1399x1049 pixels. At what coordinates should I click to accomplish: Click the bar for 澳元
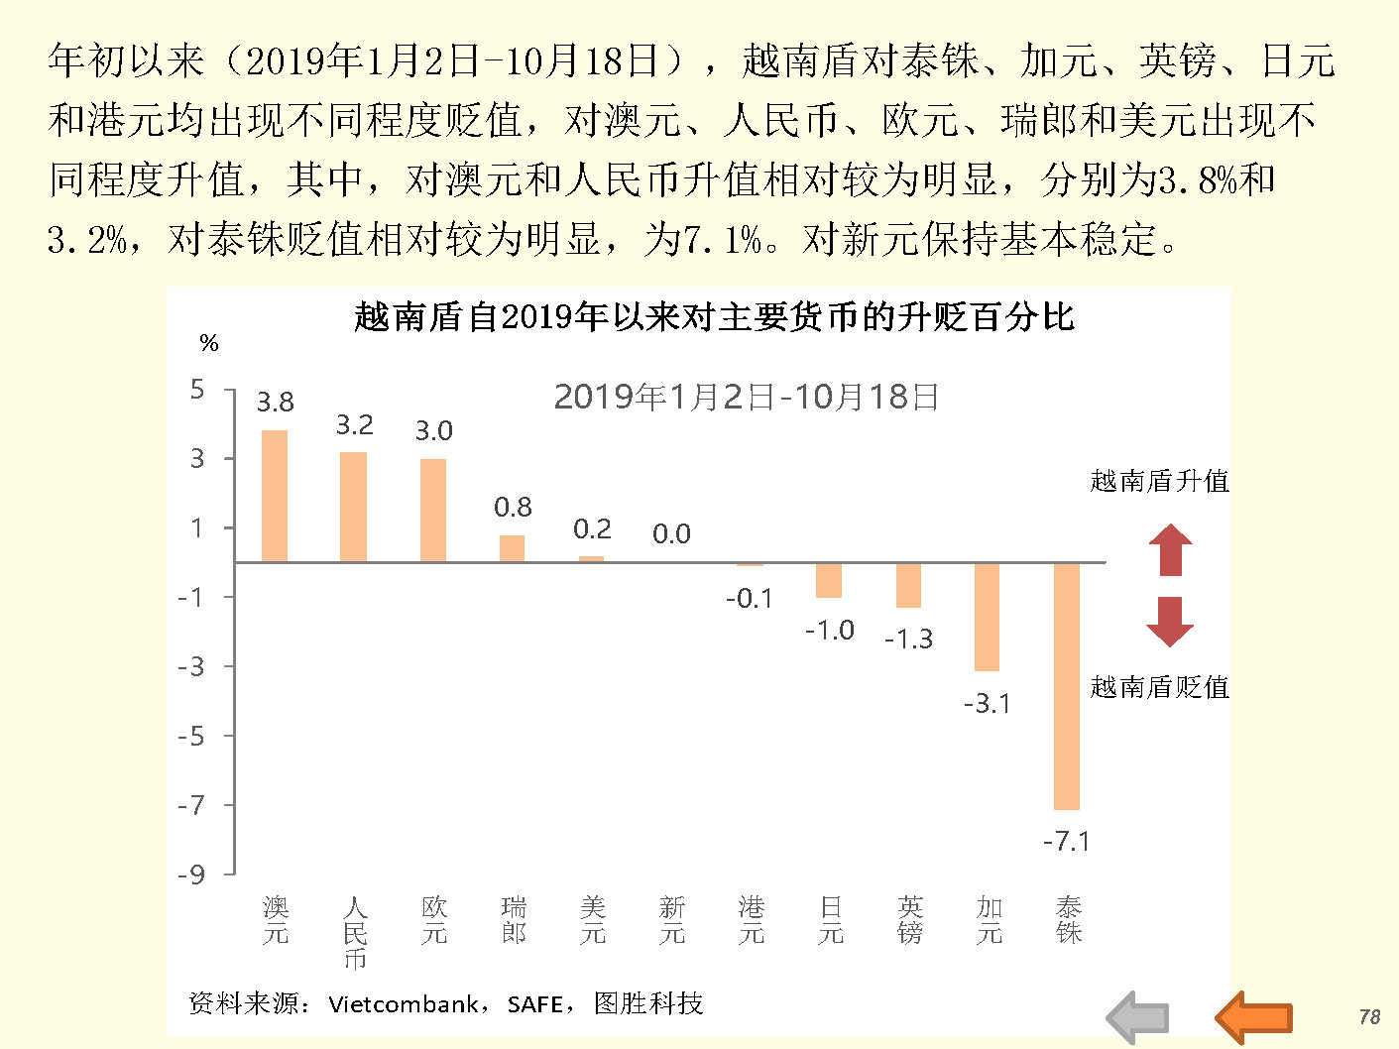tap(275, 496)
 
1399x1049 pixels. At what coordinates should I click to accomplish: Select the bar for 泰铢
tap(1067, 686)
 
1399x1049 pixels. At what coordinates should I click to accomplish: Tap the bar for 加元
tap(988, 617)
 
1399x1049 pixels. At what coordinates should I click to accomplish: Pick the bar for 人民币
tap(354, 507)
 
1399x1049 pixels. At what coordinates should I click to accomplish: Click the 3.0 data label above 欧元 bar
tap(433, 431)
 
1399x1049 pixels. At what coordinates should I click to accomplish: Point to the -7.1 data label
tap(1066, 842)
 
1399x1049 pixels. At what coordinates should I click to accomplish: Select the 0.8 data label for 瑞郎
tap(513, 508)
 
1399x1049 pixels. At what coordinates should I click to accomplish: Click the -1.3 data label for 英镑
tap(908, 640)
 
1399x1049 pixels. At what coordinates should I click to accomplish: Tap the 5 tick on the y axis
tap(198, 390)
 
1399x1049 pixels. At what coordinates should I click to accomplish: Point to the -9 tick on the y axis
tap(192, 874)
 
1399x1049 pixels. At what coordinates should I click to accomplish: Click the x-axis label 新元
tap(672, 920)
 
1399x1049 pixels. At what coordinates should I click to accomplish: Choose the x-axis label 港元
tap(752, 920)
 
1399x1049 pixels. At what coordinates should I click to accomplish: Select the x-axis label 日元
tap(831, 920)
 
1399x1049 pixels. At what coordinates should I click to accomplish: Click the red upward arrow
tap(1170, 549)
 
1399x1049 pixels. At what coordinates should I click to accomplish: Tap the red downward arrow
tap(1170, 622)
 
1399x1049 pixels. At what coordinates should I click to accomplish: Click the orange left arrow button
tap(1254, 1017)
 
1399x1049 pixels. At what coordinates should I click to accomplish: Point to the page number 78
tap(1369, 1017)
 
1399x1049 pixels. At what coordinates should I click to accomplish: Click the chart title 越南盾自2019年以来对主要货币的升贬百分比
tap(714, 317)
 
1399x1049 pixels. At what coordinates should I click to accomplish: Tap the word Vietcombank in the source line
tap(403, 1004)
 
